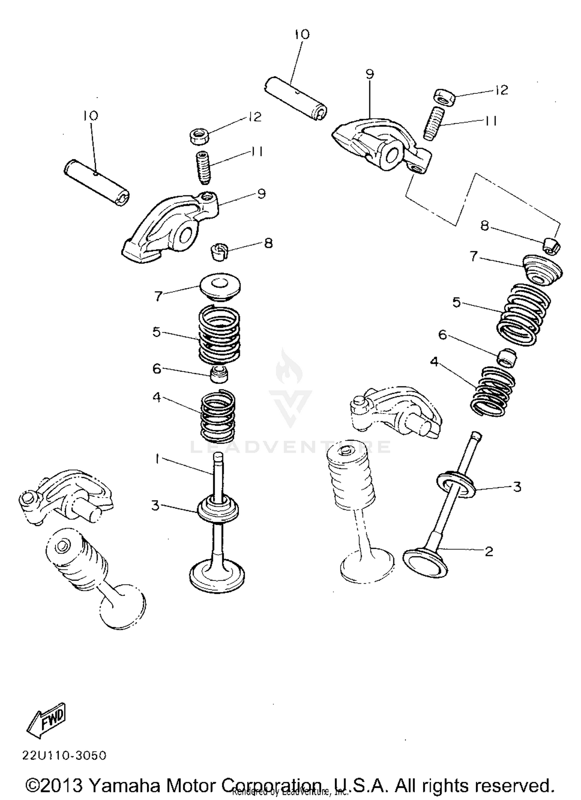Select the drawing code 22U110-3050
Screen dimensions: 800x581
[x=64, y=755]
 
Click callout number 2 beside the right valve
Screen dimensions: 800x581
[x=489, y=551]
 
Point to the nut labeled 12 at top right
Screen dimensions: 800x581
[x=444, y=97]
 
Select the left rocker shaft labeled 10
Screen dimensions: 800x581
[x=96, y=183]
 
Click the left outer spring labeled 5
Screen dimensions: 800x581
[x=219, y=334]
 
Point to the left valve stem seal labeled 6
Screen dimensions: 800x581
[x=219, y=373]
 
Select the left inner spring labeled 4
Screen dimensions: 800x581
[x=218, y=416]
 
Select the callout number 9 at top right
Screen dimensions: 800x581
[x=370, y=74]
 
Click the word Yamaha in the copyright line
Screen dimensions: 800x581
[x=124, y=785]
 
